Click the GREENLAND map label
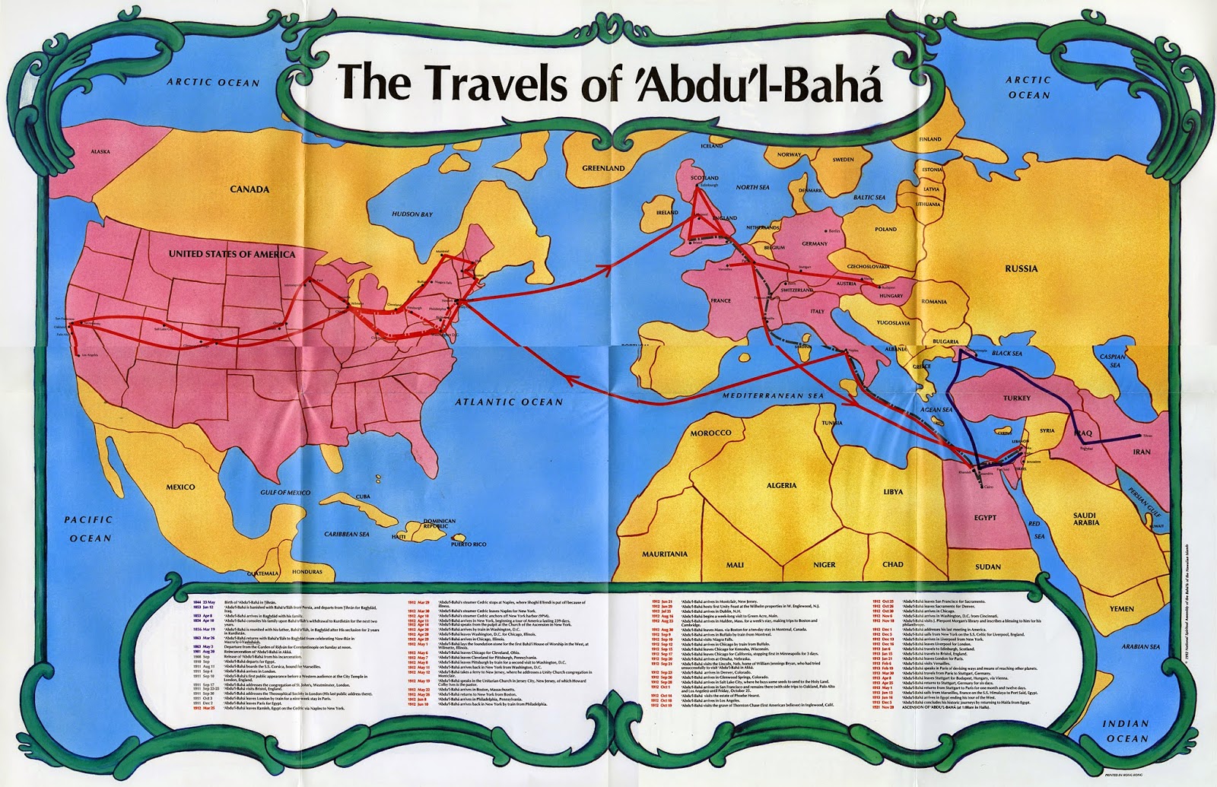[603, 168]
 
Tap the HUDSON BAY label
[411, 214]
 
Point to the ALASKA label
[100, 151]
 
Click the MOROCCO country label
[710, 433]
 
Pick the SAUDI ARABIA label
[1085, 519]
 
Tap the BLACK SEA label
[1006, 354]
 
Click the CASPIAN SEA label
[1111, 360]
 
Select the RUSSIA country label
[1021, 268]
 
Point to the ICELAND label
[712, 145]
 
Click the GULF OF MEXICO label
[283, 493]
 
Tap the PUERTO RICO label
[468, 544]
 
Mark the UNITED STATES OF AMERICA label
[231, 254]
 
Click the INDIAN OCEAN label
[1126, 731]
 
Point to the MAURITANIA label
[664, 554]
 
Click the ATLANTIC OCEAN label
[510, 401]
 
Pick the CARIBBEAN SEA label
[346, 534]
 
